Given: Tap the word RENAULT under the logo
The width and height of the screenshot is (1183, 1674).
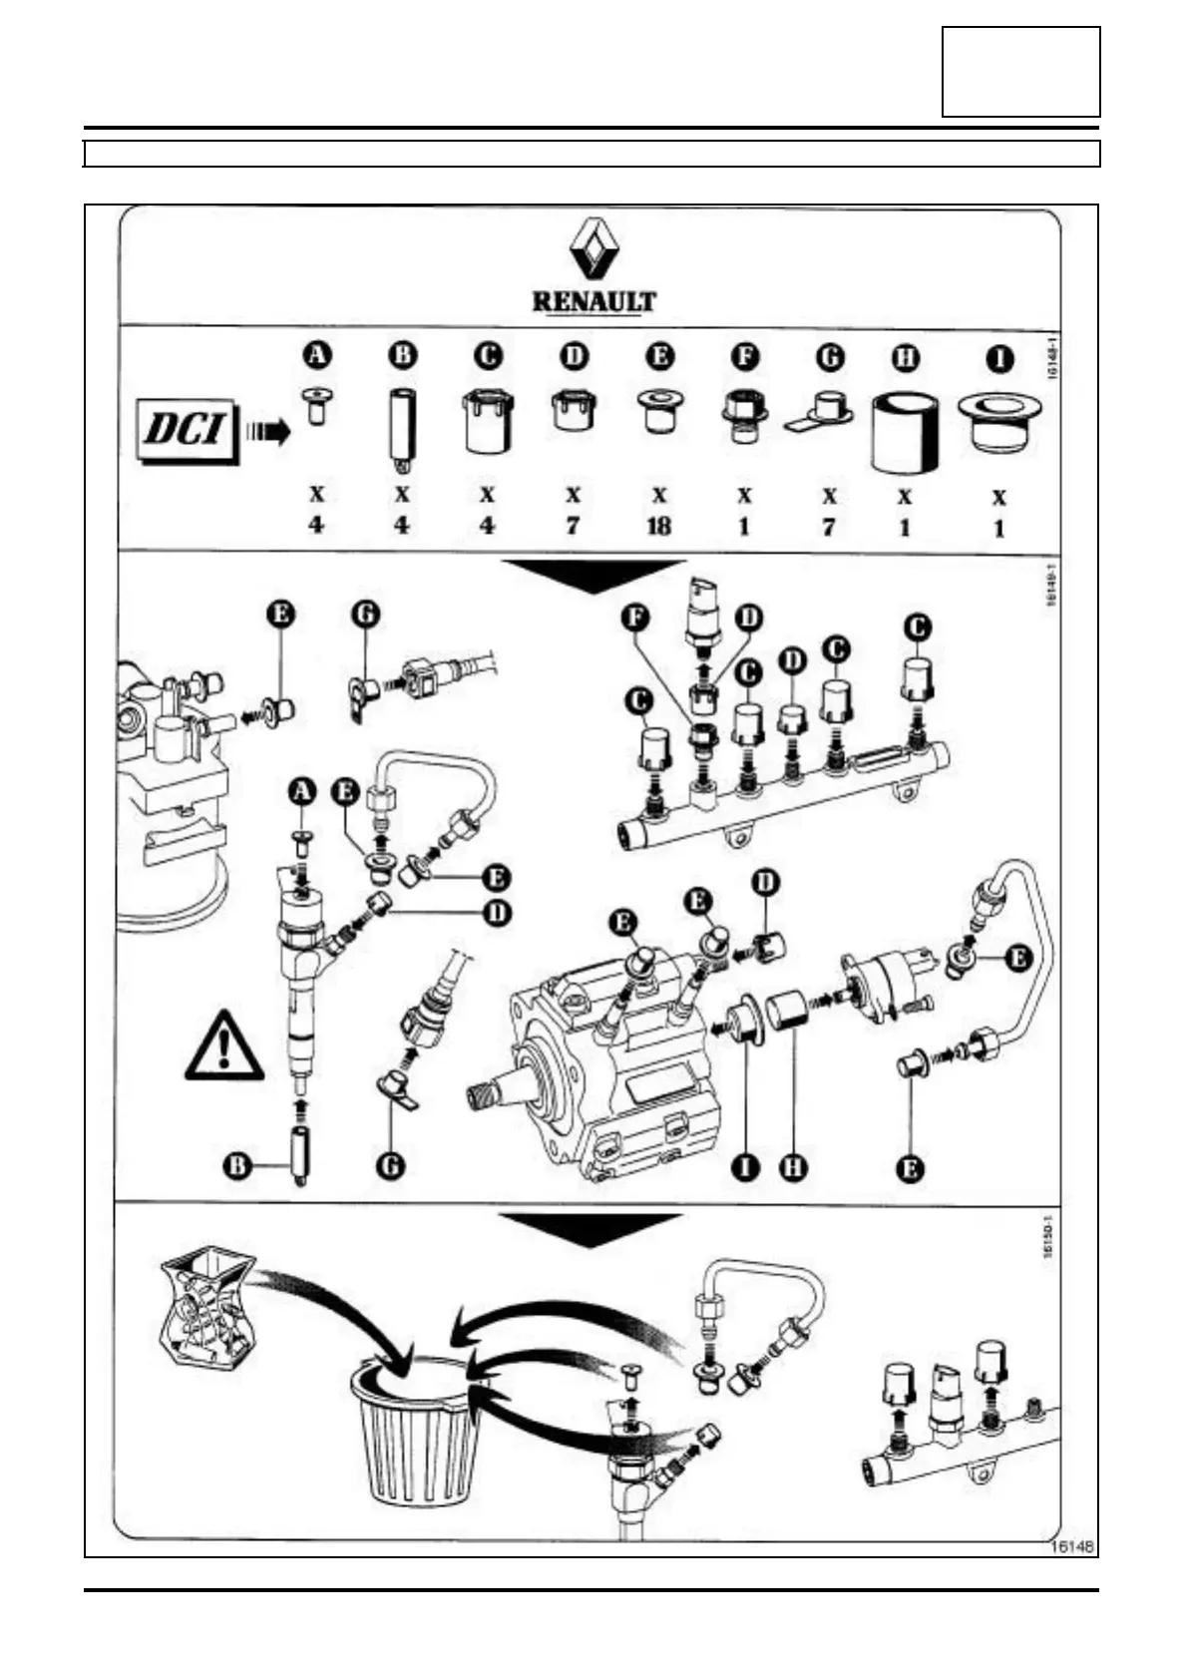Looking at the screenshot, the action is [593, 301].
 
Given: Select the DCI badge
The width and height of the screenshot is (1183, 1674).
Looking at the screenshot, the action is [187, 432].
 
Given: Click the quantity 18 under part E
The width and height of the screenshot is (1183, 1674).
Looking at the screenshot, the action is [659, 525].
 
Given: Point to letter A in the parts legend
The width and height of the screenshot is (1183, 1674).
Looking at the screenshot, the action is [316, 355].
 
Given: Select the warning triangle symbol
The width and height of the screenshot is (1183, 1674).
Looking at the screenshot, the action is [225, 1047].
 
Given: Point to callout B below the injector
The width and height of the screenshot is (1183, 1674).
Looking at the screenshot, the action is [237, 1166].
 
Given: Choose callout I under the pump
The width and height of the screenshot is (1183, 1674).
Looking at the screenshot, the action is [744, 1166].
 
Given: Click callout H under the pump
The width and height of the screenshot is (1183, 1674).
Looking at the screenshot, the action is [793, 1166].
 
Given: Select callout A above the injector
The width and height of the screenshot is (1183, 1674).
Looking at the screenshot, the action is [300, 791].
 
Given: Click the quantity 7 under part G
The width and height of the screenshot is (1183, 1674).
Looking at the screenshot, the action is [829, 525].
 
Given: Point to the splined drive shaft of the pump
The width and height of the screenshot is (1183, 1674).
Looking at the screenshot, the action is [485, 1096].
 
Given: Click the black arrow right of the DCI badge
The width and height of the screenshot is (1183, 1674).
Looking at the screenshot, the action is [268, 432].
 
